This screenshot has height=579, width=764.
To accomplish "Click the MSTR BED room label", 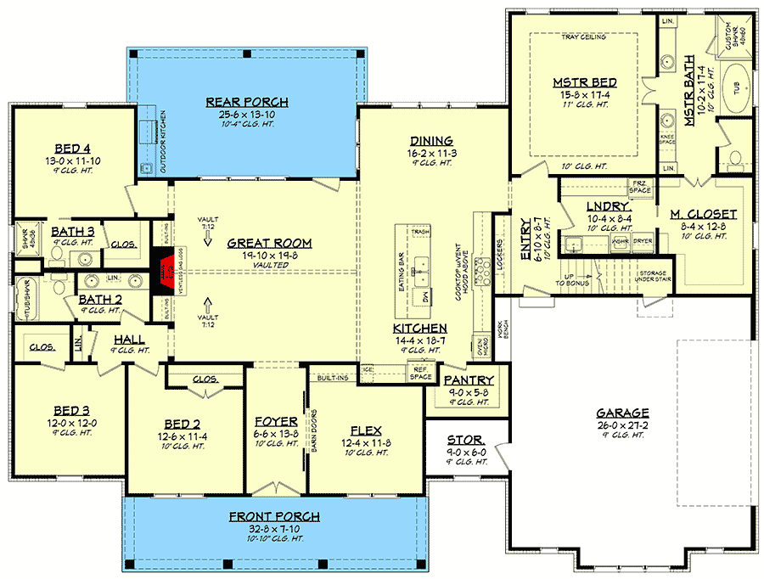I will point(584,82).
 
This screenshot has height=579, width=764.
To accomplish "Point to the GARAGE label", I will point(622,412).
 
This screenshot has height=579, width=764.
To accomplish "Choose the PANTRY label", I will point(464,381).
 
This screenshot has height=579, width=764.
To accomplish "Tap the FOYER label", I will point(276,421).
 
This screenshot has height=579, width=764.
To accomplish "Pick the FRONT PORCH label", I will point(274,516).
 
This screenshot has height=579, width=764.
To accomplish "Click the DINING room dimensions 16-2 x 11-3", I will point(431,153).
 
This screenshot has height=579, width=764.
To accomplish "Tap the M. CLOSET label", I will point(703,214).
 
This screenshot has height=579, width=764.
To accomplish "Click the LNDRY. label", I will point(609,206).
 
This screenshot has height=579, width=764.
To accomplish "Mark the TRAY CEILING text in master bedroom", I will point(584,37).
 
